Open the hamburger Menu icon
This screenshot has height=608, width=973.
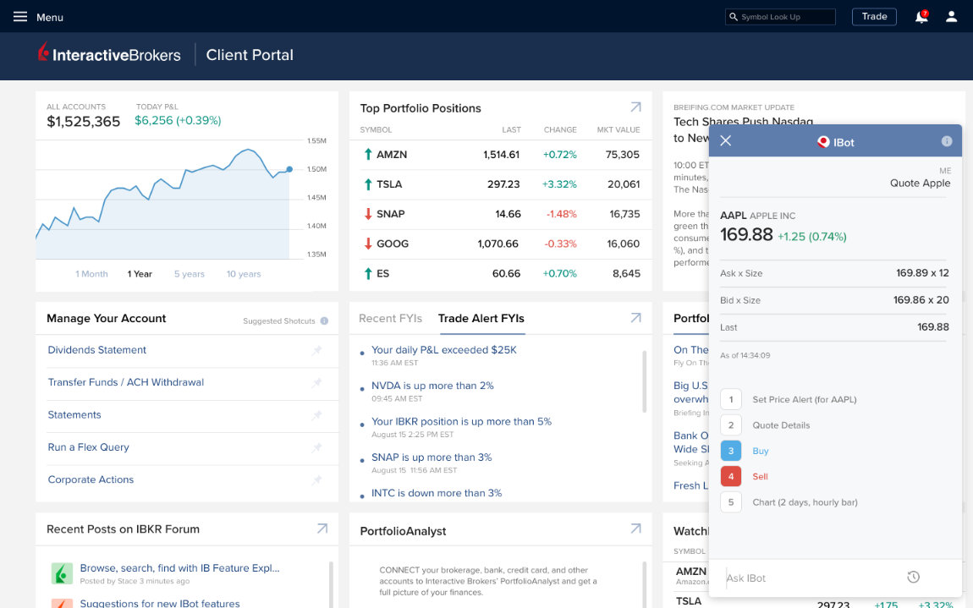pos(20,17)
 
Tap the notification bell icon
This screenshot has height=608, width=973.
pos(921,17)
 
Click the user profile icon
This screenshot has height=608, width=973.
pos(952,17)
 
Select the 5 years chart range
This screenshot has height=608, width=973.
pos(189,274)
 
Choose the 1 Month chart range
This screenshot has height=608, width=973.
pos(91,274)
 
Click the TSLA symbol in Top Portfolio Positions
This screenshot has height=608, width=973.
pos(389,184)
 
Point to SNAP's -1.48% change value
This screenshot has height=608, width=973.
pos(561,214)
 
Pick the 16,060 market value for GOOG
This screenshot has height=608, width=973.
pos(624,244)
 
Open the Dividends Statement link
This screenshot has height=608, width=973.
pos(97,350)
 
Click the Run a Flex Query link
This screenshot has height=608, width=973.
pos(89,447)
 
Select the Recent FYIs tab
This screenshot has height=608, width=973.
pos(390,319)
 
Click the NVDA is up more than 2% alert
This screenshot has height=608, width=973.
pos(432,386)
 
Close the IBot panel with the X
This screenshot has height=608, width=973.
pos(726,141)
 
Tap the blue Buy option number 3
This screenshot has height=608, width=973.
pos(731,451)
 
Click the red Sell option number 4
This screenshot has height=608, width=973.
pos(731,476)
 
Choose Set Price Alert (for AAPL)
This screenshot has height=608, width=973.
pos(804,399)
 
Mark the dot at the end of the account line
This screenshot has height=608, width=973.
pos(289,169)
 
